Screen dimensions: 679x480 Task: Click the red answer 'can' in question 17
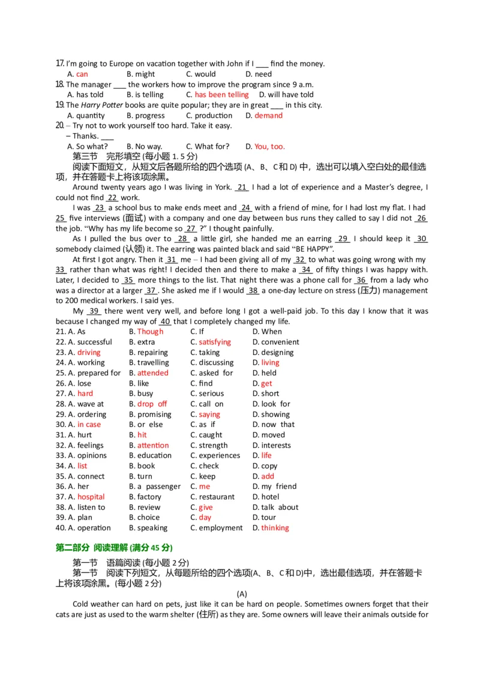(82, 74)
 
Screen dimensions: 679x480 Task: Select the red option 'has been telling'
(221, 95)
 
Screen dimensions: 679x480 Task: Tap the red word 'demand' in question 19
(268, 116)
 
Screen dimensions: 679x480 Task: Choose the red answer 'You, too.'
(269, 146)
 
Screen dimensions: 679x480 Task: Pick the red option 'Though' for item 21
(150, 332)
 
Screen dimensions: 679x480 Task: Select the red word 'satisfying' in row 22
(215, 342)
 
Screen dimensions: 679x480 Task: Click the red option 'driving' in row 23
(89, 353)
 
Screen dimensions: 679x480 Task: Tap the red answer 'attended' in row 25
(153, 373)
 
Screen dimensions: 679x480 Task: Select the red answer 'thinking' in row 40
(275, 528)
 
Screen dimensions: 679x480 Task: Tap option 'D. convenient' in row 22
(275, 342)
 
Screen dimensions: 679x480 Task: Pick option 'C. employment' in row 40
(216, 528)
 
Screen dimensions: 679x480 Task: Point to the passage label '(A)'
(242, 594)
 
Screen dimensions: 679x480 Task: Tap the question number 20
(59, 126)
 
